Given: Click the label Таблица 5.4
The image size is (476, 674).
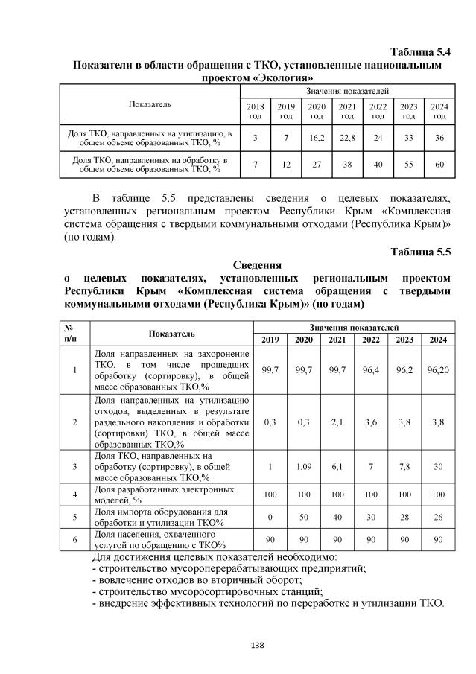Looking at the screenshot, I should pyautogui.click(x=421, y=52).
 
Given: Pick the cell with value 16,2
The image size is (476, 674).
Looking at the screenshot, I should pyautogui.click(x=317, y=138).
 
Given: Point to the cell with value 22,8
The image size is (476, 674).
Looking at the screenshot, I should pyautogui.click(x=347, y=138).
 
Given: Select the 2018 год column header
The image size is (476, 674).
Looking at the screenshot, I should pyautogui.click(x=256, y=111).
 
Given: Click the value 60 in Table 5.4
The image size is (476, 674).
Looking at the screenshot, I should pyautogui.click(x=439, y=165).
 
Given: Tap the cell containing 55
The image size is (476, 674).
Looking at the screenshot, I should pyautogui.click(x=409, y=165).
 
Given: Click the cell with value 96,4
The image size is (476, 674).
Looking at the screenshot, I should pyautogui.click(x=370, y=369).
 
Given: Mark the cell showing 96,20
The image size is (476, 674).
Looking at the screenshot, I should pyautogui.click(x=438, y=369).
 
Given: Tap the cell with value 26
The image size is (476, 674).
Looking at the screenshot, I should pyautogui.click(x=438, y=518).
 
